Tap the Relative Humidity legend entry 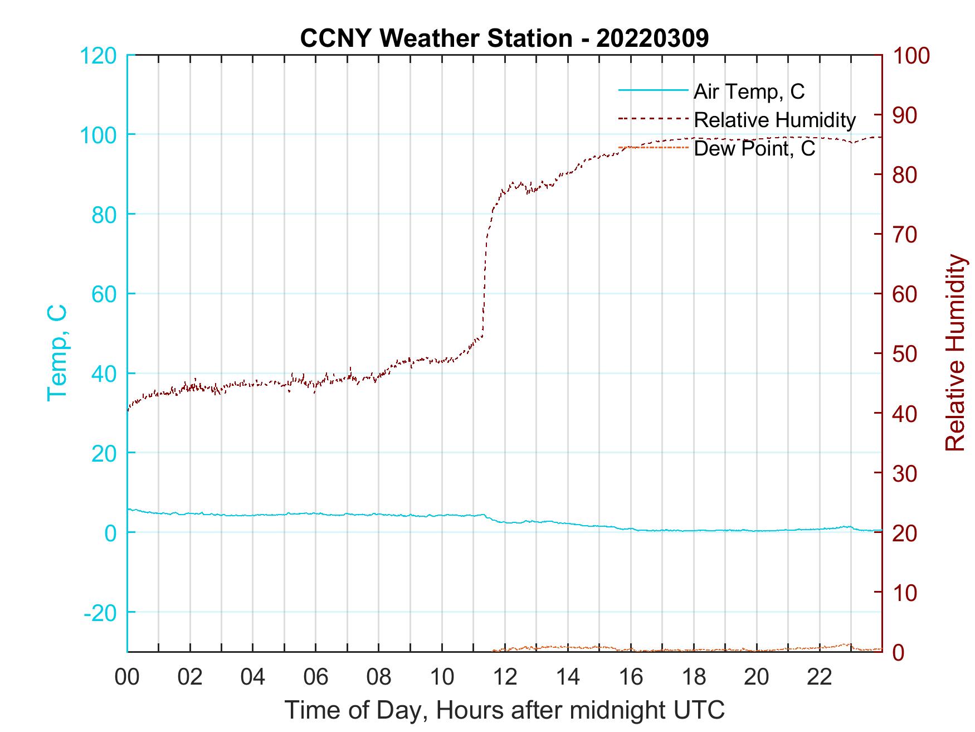(774, 120)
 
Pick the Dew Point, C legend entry (754, 148)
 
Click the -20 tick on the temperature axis (100, 612)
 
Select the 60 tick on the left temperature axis (104, 294)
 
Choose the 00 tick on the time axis (127, 677)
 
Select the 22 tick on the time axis (820, 677)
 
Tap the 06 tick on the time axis (316, 677)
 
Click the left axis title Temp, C (57, 352)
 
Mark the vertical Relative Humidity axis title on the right (955, 352)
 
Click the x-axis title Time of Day (505, 710)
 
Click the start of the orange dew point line (494, 651)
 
